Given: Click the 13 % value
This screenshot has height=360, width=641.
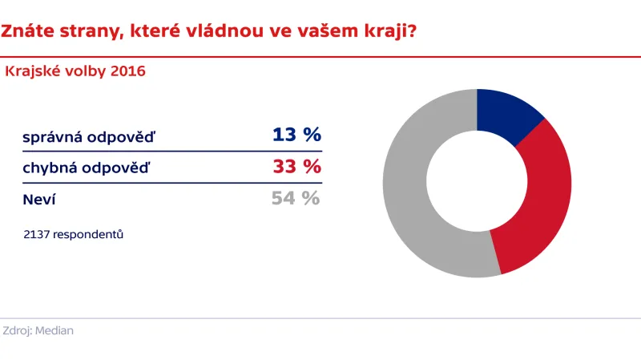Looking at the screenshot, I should [296, 135].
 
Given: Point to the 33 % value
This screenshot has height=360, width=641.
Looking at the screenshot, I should [296, 167].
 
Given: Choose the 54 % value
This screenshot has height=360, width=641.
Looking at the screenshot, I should [296, 198].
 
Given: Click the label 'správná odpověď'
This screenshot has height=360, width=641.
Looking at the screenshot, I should [90, 137].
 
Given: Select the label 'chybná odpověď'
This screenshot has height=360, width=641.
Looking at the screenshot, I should [87, 169].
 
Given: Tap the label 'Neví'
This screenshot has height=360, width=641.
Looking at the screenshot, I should [39, 200].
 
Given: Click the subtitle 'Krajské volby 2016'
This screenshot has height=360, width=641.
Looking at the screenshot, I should [75, 71].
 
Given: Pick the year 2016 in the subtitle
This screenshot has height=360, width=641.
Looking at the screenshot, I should [128, 71].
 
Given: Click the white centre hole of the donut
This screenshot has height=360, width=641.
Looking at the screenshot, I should [477, 183].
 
